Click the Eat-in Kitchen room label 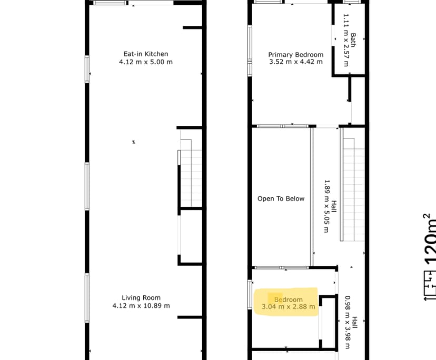point(146,54)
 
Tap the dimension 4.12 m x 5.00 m point(146,62)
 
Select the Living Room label point(141,297)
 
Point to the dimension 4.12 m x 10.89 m point(141,306)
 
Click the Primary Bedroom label point(295,54)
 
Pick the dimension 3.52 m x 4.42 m point(295,62)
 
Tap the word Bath point(353,41)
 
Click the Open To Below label point(281,198)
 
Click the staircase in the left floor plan point(191,174)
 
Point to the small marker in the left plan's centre point(134,142)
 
